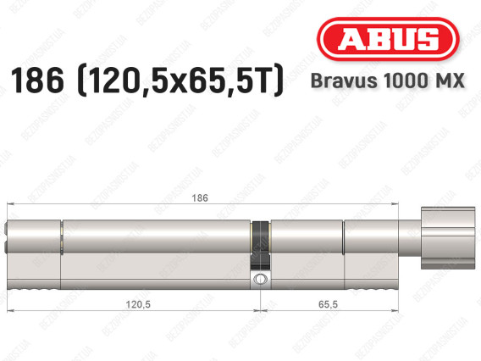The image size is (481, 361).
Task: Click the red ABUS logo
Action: click(x=388, y=39)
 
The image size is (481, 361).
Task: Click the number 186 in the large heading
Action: click(x=37, y=81)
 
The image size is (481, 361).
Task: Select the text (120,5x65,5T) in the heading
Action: click(x=180, y=81)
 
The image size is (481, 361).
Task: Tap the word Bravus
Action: click(x=344, y=81)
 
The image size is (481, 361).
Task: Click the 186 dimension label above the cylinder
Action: click(x=200, y=198)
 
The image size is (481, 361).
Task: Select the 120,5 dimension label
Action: click(x=138, y=304)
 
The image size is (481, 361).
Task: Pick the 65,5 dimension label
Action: click(x=328, y=304)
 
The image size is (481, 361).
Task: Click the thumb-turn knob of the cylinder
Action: click(x=448, y=238)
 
